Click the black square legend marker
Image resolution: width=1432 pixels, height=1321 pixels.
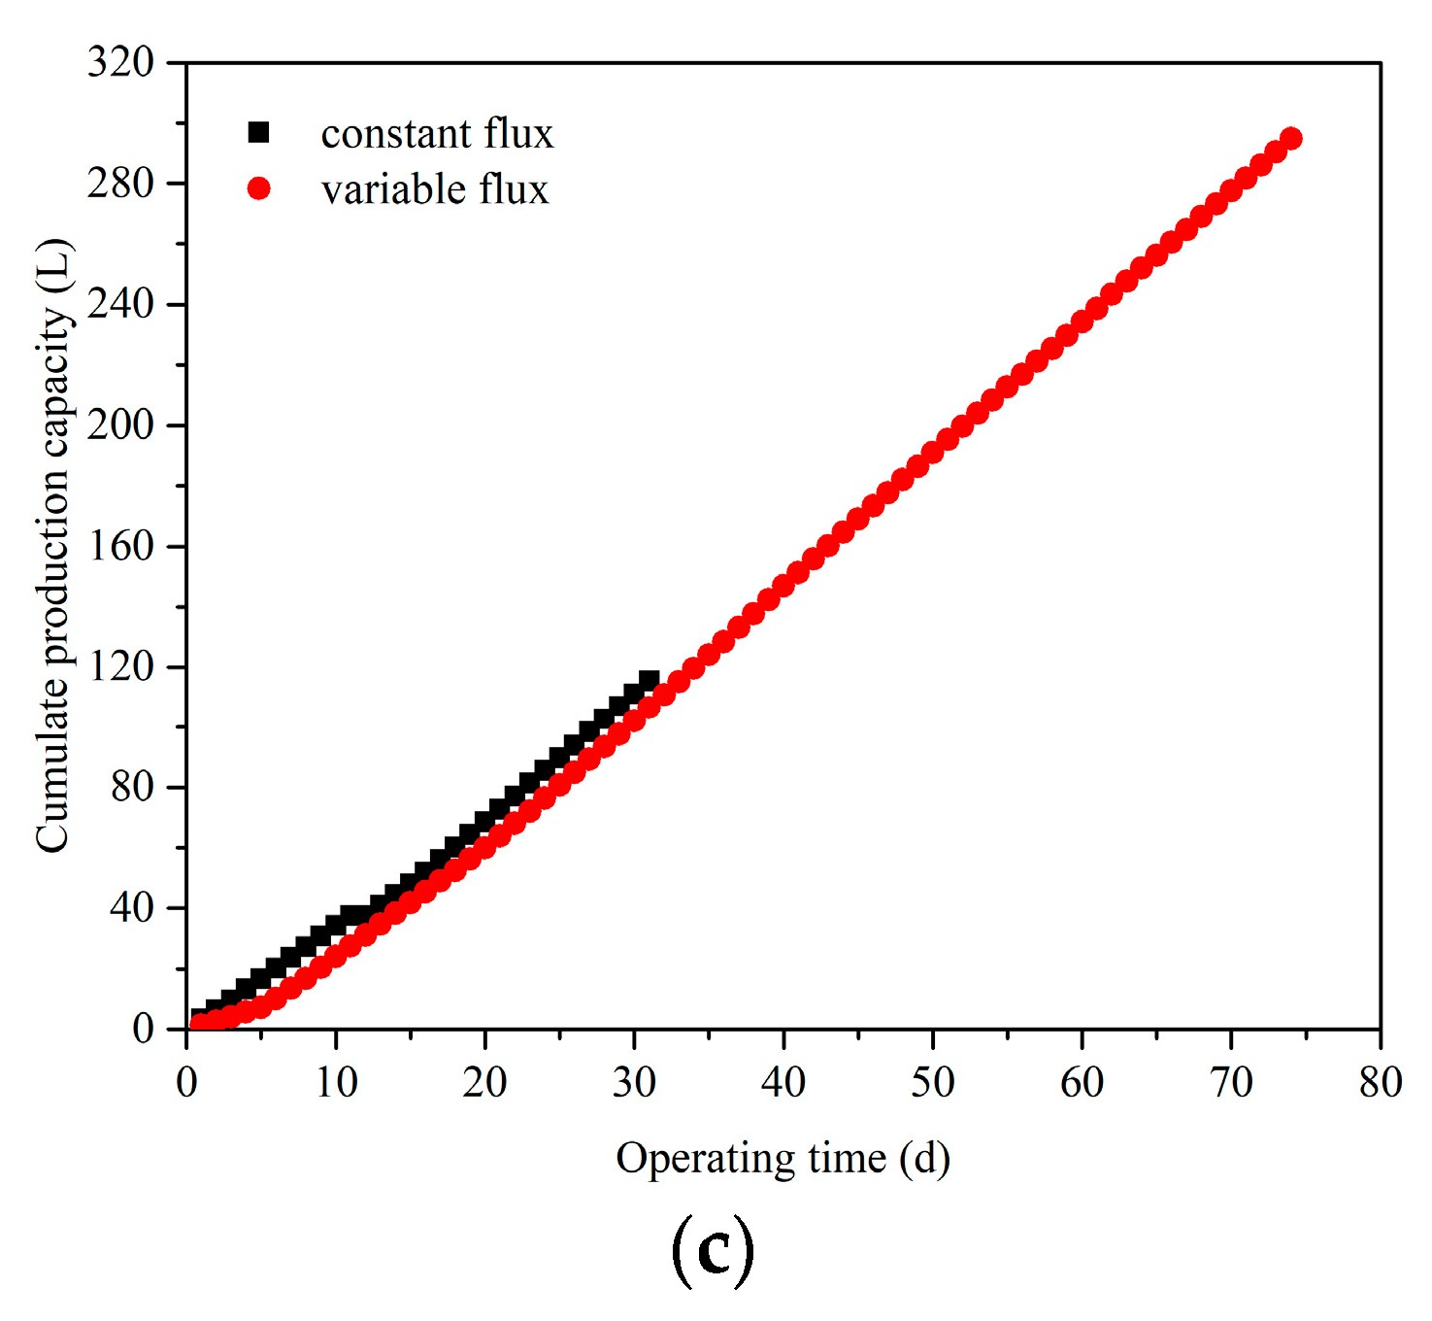coord(258,133)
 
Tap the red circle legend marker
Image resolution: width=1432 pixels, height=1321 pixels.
coord(258,188)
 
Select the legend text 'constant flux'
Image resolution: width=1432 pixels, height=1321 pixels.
coord(437,134)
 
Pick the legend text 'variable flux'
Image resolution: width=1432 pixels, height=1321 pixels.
coord(435,189)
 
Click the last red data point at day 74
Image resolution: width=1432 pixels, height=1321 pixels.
coord(1291,139)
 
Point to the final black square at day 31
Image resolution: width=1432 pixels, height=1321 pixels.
coord(649,680)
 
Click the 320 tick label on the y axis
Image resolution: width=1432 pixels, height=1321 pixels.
coord(120,62)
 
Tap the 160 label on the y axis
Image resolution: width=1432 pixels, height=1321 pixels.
coord(120,546)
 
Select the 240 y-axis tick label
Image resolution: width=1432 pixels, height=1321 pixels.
coord(120,304)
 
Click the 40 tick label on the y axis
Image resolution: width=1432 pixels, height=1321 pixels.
coord(131,908)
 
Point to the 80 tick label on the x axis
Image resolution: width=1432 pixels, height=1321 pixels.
coord(1381,1082)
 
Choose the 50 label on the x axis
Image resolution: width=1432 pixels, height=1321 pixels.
coord(932,1082)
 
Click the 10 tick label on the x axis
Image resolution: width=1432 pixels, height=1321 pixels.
coord(336,1082)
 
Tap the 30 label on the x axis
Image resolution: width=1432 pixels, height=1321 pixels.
coord(634,1082)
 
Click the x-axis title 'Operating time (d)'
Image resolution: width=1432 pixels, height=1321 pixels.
coord(783,1159)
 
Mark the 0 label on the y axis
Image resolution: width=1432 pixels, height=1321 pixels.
coord(143,1029)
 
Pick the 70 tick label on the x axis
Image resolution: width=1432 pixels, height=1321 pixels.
coord(1231,1082)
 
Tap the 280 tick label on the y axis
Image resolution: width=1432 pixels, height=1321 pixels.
coord(120,183)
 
